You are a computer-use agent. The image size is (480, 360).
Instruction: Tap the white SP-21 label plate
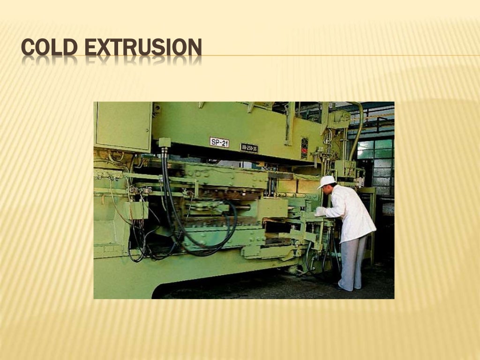point(219,142)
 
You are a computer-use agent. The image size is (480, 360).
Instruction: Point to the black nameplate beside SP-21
point(249,148)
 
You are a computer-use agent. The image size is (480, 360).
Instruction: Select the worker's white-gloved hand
point(320,212)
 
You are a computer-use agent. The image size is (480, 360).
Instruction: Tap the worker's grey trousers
point(352,262)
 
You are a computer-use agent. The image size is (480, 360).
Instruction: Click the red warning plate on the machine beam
point(304,148)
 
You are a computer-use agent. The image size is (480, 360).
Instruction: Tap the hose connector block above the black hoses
point(165,142)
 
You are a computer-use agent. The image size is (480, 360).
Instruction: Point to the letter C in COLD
point(29,48)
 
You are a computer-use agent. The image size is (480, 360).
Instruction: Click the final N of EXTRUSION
point(195,48)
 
